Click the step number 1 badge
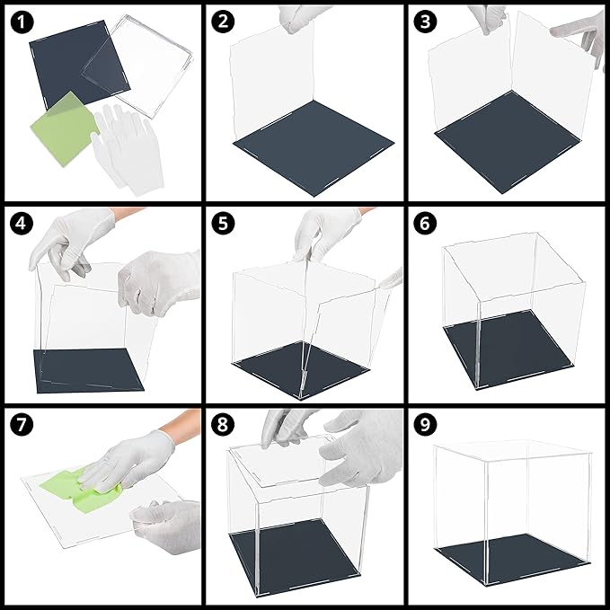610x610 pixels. [x=22, y=22]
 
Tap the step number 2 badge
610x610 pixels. [x=223, y=21]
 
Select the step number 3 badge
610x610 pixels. [x=425, y=21]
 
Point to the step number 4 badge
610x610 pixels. [x=22, y=224]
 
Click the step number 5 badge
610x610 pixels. [x=223, y=224]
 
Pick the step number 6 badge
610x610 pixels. [x=425, y=224]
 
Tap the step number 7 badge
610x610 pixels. [x=22, y=424]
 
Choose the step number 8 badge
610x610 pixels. [x=223, y=424]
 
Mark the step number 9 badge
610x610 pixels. [x=425, y=424]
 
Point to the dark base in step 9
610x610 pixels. [x=513, y=559]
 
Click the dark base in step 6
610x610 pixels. [x=508, y=349]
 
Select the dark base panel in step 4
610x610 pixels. [x=87, y=370]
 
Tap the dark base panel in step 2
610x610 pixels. [x=314, y=148]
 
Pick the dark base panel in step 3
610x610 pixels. [x=508, y=142]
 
